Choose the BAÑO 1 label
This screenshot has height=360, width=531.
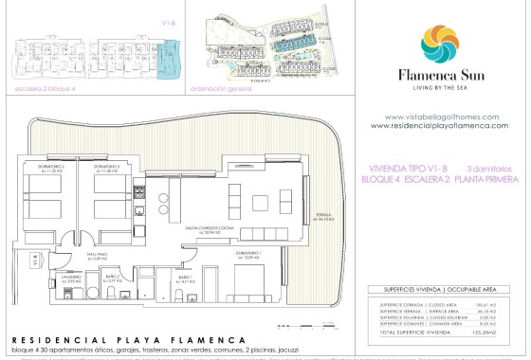coord(186,279)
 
